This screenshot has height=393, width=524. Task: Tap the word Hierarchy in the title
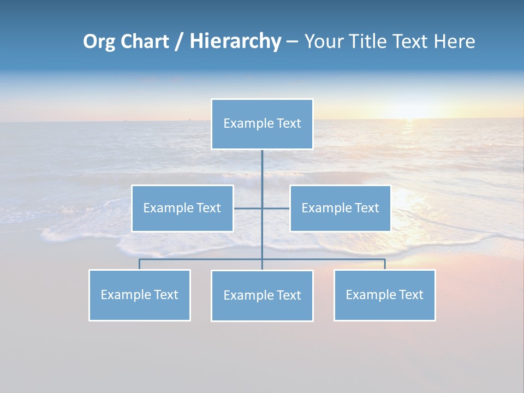coord(235,41)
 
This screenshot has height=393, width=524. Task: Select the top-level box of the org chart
coord(262,124)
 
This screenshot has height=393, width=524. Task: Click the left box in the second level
coord(182,209)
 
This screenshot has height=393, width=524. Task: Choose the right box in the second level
coord(340,209)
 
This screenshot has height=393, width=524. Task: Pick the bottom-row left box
coord(140,295)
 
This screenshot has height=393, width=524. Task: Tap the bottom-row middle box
coord(262,296)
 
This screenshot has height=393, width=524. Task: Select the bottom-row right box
coord(385,295)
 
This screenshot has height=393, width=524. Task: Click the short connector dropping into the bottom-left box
coord(140,264)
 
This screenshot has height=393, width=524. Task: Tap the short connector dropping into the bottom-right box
coord(385,264)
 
